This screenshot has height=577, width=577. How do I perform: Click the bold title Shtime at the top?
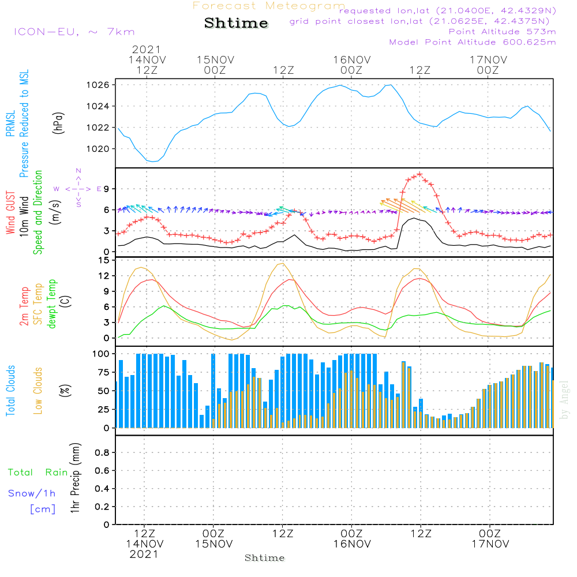point(236,23)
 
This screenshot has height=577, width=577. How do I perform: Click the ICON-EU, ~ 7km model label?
point(74,32)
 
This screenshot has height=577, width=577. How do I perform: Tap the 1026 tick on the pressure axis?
point(102,85)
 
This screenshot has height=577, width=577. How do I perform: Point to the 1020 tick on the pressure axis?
point(102,149)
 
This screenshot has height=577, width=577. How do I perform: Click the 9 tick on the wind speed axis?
point(107,189)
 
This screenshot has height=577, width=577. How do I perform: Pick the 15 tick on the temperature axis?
point(104,260)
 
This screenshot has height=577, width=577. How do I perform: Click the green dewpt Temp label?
point(53,305)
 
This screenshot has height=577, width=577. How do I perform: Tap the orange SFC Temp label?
point(39,305)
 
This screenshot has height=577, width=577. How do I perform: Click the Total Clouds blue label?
point(11,391)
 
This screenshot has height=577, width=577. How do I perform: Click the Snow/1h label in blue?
point(32,493)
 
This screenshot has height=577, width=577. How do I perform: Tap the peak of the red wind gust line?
point(420,174)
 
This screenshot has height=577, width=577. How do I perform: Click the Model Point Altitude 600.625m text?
point(473,42)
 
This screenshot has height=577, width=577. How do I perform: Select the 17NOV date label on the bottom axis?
point(489,544)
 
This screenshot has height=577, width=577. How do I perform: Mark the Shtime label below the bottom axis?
point(265,558)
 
